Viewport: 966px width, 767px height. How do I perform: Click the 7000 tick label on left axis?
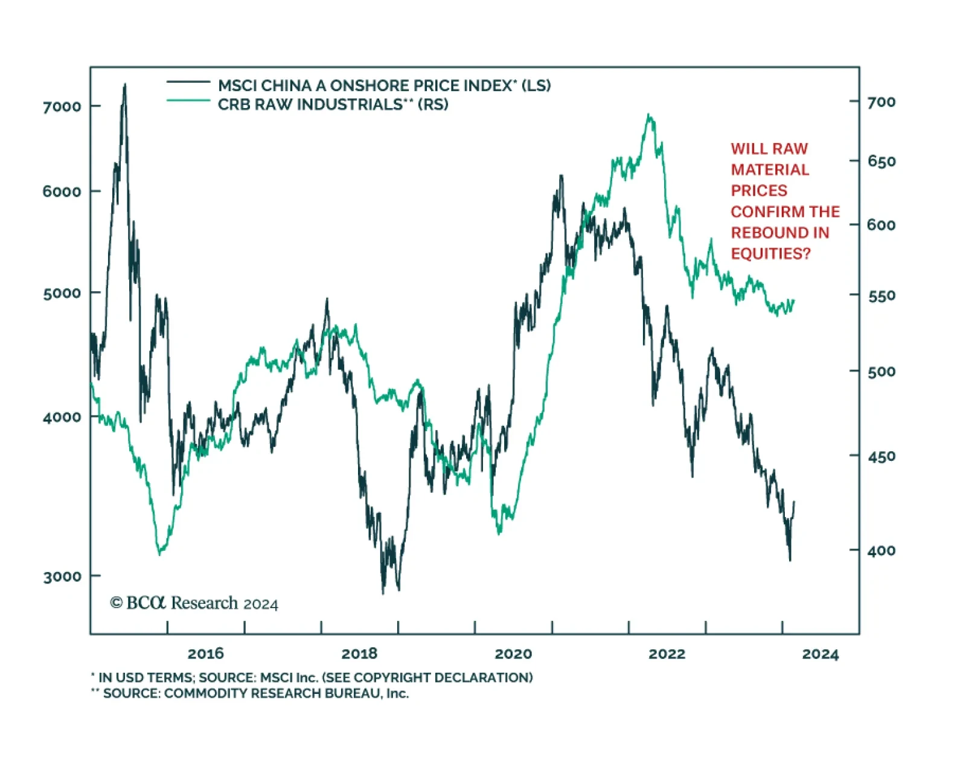pos(62,106)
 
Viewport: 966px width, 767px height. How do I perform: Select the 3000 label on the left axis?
pos(62,576)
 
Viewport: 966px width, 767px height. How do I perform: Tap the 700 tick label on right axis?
pos(881,102)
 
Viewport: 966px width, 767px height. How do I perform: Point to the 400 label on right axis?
pos(881,551)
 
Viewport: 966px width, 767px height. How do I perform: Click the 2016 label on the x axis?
pos(205,653)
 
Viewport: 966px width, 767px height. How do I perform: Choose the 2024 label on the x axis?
pos(820,654)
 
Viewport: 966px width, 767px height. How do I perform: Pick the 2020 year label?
pos(513,653)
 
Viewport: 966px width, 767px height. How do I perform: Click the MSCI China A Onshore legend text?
pos(384,86)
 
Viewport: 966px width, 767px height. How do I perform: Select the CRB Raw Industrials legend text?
pos(333,104)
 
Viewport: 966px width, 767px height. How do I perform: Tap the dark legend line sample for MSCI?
pos(188,82)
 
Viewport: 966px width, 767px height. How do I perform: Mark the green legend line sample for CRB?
pos(188,100)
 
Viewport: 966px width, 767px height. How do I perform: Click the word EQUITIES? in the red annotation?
pos(770,254)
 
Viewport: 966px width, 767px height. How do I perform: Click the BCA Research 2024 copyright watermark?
pos(194,603)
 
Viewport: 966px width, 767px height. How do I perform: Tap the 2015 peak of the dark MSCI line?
pos(125,85)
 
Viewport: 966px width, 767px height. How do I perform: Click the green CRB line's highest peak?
pos(649,115)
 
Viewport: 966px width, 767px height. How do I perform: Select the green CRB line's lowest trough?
pos(159,554)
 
